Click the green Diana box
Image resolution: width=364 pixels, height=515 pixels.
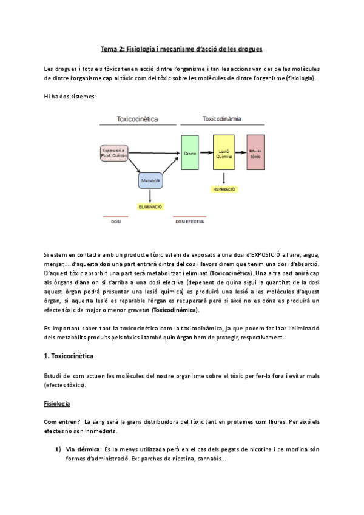pos(190,153)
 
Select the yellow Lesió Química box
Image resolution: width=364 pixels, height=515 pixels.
pos(224,153)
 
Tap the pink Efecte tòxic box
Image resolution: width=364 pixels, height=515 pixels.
pos(255,153)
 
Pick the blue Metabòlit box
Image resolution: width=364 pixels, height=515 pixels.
pos(150,181)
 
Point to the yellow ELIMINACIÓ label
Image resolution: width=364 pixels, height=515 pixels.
pos(150,206)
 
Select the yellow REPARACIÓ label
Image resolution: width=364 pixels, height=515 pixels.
pos(224,189)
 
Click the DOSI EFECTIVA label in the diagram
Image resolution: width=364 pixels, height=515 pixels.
pos(190,222)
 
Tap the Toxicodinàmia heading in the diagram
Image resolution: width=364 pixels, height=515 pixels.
pos(221,119)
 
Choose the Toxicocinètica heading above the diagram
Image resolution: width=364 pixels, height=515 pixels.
pos(138,120)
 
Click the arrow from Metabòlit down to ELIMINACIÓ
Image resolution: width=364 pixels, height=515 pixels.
pos(150,196)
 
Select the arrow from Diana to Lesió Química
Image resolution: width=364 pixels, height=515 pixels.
pos(206,153)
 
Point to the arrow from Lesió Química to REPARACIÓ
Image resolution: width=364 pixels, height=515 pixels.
pos(224,178)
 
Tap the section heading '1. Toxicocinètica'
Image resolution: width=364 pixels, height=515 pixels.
pos(69,355)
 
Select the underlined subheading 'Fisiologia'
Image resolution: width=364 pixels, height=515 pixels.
pos(57,403)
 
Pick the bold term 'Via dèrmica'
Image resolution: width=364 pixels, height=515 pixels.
pos(83,449)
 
